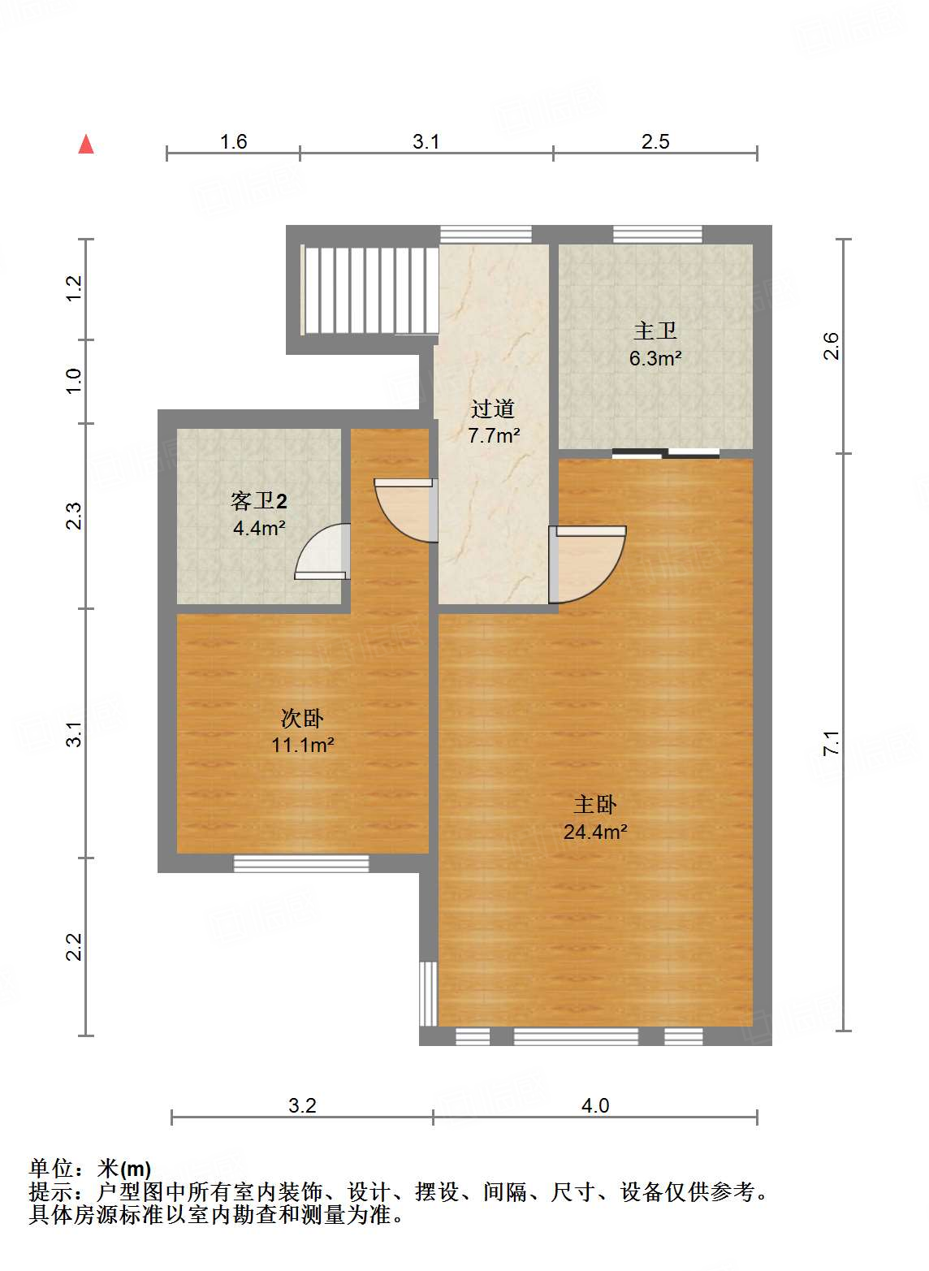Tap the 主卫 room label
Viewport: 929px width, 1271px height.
coord(655,331)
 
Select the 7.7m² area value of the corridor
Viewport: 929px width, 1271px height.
coord(493,435)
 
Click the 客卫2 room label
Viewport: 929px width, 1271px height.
coord(259,500)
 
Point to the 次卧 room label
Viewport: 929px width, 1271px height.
coord(302,719)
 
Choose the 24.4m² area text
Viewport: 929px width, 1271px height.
coord(594,832)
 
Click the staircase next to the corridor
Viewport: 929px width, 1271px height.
coord(369,290)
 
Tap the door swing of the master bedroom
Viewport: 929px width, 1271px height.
coord(587,564)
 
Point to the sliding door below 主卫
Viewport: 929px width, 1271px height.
coord(666,453)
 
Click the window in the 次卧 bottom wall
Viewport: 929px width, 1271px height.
coord(301,863)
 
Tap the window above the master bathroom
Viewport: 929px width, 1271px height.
coord(657,235)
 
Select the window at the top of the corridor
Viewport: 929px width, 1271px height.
coord(486,235)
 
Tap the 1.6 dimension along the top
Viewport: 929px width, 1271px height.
coord(233,141)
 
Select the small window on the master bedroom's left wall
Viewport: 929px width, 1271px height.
coord(429,993)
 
